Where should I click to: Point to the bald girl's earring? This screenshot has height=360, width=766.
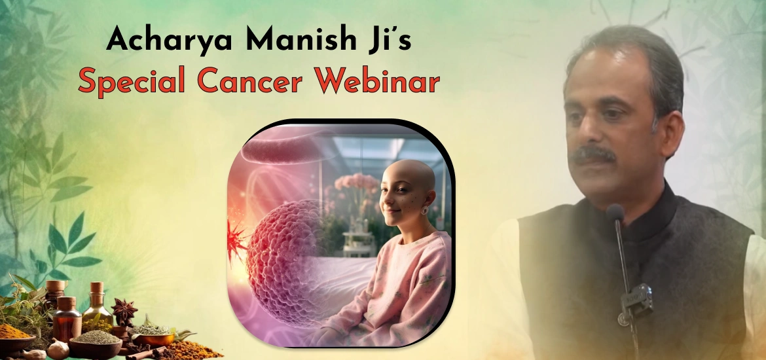click(424, 211)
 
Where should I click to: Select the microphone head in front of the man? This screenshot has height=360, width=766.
click(615, 212)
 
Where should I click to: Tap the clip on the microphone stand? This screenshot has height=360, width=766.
click(636, 297)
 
